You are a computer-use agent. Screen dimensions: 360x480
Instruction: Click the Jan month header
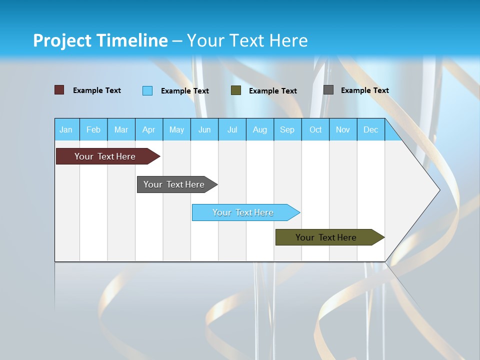pyautogui.click(x=66, y=129)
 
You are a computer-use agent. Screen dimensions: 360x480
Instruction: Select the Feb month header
pyautogui.click(x=93, y=129)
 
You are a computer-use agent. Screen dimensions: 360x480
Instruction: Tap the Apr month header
pyautogui.click(x=148, y=129)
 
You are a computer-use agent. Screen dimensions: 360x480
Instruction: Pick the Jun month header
pyautogui.click(x=204, y=129)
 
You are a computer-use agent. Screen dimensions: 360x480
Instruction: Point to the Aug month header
pyautogui.click(x=259, y=129)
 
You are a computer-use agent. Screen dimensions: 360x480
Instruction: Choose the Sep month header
pyautogui.click(x=287, y=129)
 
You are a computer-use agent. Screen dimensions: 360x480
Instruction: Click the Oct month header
pyautogui.click(x=315, y=129)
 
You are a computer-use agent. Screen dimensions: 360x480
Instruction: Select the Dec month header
pyautogui.click(x=370, y=129)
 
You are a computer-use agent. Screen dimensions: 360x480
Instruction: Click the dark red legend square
pyautogui.click(x=59, y=90)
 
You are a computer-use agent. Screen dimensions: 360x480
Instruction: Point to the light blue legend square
pyautogui.click(x=147, y=90)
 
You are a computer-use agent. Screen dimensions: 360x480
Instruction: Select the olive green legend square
pyautogui.click(x=236, y=90)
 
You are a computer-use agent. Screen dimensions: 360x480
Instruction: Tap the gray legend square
pyautogui.click(x=328, y=90)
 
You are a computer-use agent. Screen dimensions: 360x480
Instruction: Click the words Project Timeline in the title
pyautogui.click(x=100, y=40)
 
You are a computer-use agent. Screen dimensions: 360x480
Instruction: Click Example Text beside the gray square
pyautogui.click(x=364, y=90)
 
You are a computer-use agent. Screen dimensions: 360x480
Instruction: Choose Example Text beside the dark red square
pyautogui.click(x=97, y=90)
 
